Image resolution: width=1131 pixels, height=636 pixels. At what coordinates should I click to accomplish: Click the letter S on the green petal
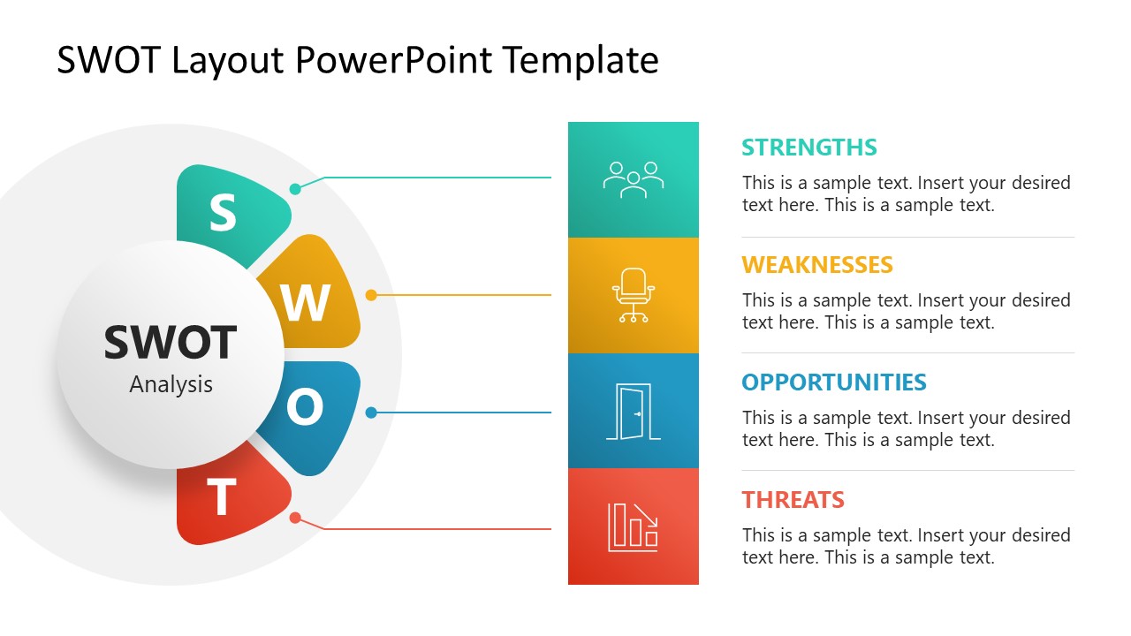pos(223,213)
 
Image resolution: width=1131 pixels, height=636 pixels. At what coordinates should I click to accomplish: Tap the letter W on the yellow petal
pos(306,303)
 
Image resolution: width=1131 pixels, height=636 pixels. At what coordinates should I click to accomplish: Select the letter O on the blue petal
pos(304,408)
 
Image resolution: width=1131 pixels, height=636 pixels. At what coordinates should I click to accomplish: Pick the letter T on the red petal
pos(222,497)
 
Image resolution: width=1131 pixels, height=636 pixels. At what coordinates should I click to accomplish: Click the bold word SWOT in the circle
pos(171,343)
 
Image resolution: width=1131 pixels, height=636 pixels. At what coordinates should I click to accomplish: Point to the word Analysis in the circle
pos(171,384)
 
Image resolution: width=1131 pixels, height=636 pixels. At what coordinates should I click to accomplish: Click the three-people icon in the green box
pos(633,179)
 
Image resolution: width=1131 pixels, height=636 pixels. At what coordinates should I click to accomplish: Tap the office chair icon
pos(633,295)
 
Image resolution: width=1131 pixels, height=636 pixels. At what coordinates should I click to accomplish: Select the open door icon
pos(633,412)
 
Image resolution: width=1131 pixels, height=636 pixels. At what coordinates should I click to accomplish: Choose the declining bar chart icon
pos(633,527)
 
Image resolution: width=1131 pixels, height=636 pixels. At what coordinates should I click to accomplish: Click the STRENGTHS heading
pos(808,148)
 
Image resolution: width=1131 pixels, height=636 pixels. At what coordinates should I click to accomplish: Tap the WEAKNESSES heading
pos(816,265)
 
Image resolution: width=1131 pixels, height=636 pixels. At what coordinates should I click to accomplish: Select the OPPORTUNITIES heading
pos(833,382)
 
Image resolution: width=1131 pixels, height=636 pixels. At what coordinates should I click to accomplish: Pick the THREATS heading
pos(793,500)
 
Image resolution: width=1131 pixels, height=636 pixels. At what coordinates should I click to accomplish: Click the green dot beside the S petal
pos(295,189)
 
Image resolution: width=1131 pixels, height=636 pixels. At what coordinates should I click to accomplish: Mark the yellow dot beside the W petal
pos(371,295)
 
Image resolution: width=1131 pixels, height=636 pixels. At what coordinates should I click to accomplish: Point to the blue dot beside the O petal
pos(371,413)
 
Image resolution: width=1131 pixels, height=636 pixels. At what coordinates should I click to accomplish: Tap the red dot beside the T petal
pos(295,518)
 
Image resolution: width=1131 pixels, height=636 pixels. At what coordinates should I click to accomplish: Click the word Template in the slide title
pos(581,60)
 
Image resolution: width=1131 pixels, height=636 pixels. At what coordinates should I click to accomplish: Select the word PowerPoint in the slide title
pos(394,60)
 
